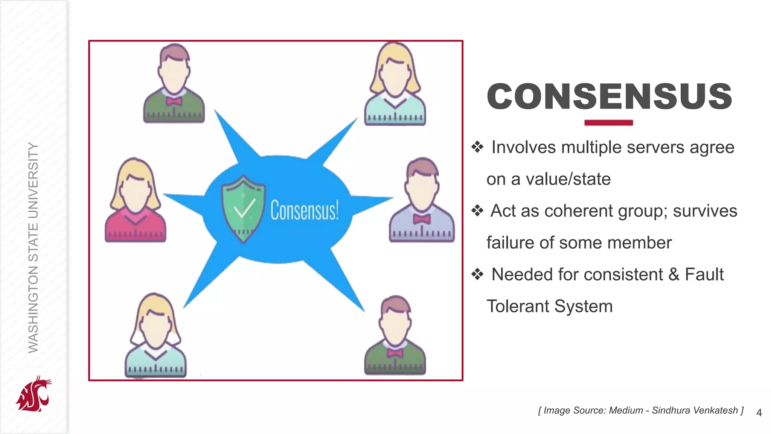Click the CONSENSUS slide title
[609, 96]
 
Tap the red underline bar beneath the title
[608, 122]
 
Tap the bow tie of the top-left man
[174, 101]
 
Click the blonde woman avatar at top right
[395, 85]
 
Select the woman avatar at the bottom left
[155, 335]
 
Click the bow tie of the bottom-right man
[395, 353]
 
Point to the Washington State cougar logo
[33, 394]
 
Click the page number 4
[759, 413]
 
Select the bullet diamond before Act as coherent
[477, 211]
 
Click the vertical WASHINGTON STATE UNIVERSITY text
[33, 248]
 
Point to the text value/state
[568, 179]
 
